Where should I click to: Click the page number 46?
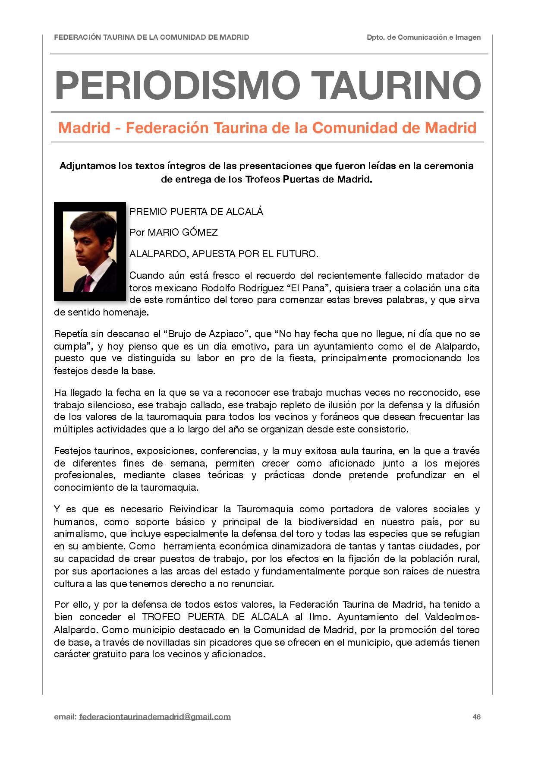[476, 717]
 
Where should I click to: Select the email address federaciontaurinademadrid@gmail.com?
[155, 717]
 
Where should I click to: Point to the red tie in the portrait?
[88, 283]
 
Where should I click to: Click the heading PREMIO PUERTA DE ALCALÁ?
[196, 212]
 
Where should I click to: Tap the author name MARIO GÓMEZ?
[183, 233]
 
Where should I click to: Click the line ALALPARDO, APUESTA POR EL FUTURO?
[223, 254]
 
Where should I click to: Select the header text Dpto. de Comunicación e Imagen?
[424, 38]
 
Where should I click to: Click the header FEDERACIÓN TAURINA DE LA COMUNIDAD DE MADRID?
[151, 38]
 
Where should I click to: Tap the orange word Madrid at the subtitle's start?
[84, 128]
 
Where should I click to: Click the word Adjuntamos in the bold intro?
[87, 166]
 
